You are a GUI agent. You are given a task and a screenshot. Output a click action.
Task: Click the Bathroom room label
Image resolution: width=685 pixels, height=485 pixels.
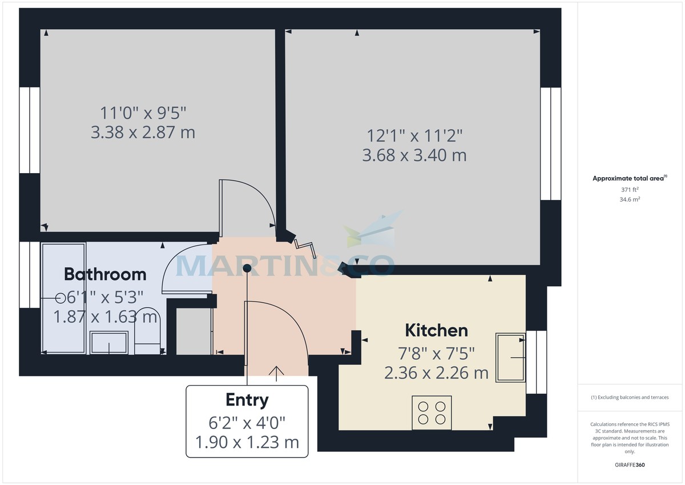click(x=105, y=274)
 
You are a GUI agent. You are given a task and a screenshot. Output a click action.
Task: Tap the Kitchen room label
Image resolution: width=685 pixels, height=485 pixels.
click(x=436, y=330)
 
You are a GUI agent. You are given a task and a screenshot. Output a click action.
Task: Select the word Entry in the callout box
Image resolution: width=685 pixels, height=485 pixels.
click(x=247, y=400)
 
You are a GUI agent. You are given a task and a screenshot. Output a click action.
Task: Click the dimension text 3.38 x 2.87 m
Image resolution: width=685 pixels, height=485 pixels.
click(x=143, y=133)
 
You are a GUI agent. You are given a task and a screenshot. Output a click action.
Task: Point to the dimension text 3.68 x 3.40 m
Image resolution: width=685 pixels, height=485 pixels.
click(x=414, y=155)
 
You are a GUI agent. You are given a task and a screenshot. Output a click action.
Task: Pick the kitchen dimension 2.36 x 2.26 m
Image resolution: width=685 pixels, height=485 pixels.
click(x=436, y=373)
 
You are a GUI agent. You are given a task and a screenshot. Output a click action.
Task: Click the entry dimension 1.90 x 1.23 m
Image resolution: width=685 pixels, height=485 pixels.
click(x=247, y=443)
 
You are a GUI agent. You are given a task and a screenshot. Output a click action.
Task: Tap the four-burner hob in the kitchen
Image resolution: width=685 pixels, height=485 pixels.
click(x=432, y=412)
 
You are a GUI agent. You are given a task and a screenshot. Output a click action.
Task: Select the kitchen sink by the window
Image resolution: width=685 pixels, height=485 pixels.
click(x=510, y=357)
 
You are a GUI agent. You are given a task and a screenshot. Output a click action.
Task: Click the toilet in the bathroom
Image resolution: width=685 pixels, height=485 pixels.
click(x=148, y=334)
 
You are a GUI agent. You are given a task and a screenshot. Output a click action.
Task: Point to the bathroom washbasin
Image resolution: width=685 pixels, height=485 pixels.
click(x=110, y=343)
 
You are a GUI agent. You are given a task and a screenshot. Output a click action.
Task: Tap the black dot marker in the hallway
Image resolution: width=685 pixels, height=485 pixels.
click(x=247, y=268)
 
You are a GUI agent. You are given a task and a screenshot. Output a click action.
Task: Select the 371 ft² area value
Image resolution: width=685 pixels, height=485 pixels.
click(x=629, y=189)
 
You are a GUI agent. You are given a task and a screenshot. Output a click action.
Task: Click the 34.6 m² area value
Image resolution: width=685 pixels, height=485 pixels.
click(x=629, y=199)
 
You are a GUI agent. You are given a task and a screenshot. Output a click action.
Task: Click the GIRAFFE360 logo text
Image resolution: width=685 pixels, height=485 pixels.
click(x=629, y=465)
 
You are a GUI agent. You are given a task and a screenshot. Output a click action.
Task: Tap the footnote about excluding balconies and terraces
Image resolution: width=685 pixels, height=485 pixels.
click(x=629, y=397)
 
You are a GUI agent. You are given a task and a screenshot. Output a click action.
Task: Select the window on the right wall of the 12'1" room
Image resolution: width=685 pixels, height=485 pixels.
click(x=551, y=143)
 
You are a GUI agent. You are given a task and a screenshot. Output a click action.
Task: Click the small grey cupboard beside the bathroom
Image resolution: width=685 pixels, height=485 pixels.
click(x=193, y=331)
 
